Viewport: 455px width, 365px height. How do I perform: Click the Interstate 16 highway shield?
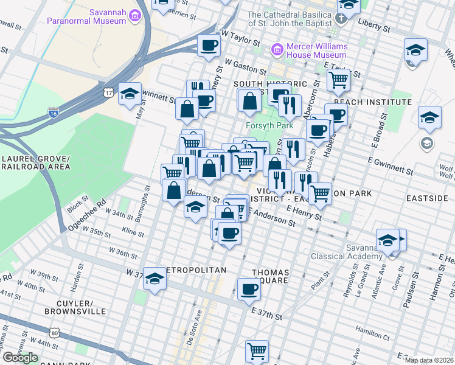click(53, 113)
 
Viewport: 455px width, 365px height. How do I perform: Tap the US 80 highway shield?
click(55, 333)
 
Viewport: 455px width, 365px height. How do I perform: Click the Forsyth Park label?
click(269, 126)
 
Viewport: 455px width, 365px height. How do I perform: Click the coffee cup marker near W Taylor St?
click(209, 45)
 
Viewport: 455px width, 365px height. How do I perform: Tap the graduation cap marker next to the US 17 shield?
click(130, 94)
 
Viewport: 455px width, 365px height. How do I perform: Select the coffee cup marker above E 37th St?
click(248, 289)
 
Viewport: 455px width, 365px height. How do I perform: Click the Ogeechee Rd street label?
click(88, 210)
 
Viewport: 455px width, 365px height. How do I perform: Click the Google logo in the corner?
click(20, 358)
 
